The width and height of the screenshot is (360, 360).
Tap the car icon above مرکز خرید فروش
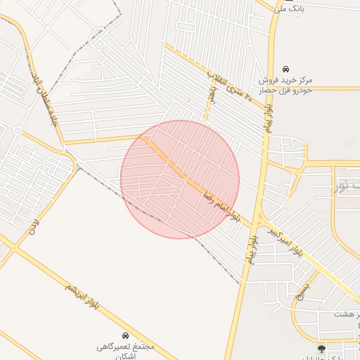tap(285, 68)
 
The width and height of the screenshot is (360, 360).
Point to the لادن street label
tap(31, 226)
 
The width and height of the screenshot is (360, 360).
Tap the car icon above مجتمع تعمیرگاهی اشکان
tap(125, 335)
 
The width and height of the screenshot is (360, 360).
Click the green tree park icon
tap(322, 347)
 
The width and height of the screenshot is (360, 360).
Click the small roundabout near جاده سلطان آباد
tap(18, 131)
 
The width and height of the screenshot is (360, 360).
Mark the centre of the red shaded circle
tap(180, 179)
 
